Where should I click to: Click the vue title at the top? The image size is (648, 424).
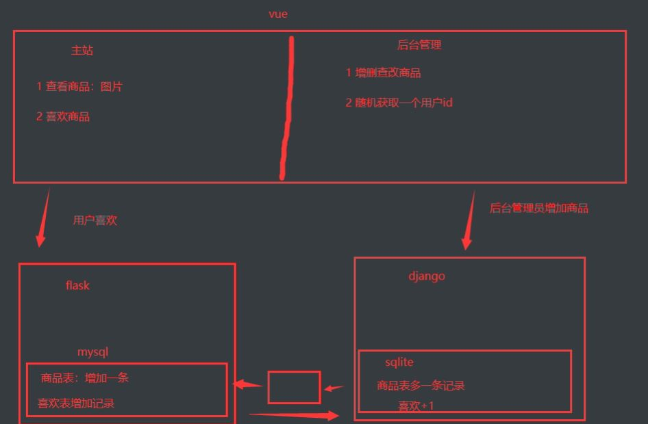278,14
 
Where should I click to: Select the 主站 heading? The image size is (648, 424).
82,51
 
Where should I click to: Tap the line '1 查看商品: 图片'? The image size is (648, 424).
79,87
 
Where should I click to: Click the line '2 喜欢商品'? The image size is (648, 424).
63,116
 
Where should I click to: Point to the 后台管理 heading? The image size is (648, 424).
419,45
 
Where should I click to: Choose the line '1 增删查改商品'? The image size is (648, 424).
383,72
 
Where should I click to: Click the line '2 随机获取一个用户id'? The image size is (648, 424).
399,103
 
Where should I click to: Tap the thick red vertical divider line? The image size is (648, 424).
287,109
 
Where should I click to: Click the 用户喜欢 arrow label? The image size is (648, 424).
95,220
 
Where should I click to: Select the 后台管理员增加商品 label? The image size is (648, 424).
539,208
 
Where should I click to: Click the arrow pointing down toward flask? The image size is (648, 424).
43,219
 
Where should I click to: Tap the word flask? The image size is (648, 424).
77,285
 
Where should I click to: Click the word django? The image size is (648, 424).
427,276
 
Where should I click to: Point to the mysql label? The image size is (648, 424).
93,352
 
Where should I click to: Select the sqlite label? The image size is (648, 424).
399,362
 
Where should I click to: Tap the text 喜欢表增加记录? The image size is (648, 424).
76,403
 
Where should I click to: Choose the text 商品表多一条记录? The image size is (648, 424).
421,386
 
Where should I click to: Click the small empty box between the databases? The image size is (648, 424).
294,387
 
